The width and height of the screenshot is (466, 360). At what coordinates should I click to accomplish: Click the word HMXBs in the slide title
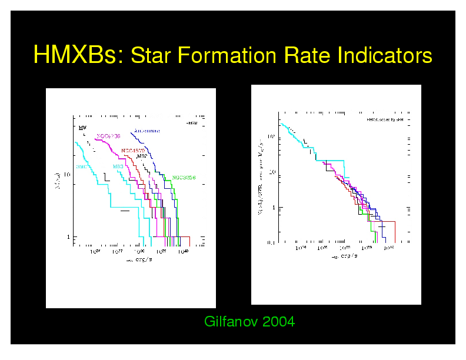[77, 56]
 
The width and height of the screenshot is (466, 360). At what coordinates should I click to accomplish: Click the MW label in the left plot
[83, 127]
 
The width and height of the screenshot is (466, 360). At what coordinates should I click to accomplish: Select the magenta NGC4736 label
[108, 136]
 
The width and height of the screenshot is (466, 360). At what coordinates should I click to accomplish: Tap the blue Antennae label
[147, 131]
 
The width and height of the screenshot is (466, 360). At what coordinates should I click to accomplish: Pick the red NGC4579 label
[134, 150]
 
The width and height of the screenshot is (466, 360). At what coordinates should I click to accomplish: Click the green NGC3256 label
[184, 177]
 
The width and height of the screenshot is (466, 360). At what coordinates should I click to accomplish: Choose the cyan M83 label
[118, 166]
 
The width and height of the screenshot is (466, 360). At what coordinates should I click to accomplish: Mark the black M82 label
[142, 156]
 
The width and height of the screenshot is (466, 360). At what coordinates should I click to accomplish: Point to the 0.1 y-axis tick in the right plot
[271, 242]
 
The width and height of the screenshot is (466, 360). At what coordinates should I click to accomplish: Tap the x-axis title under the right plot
[344, 256]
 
